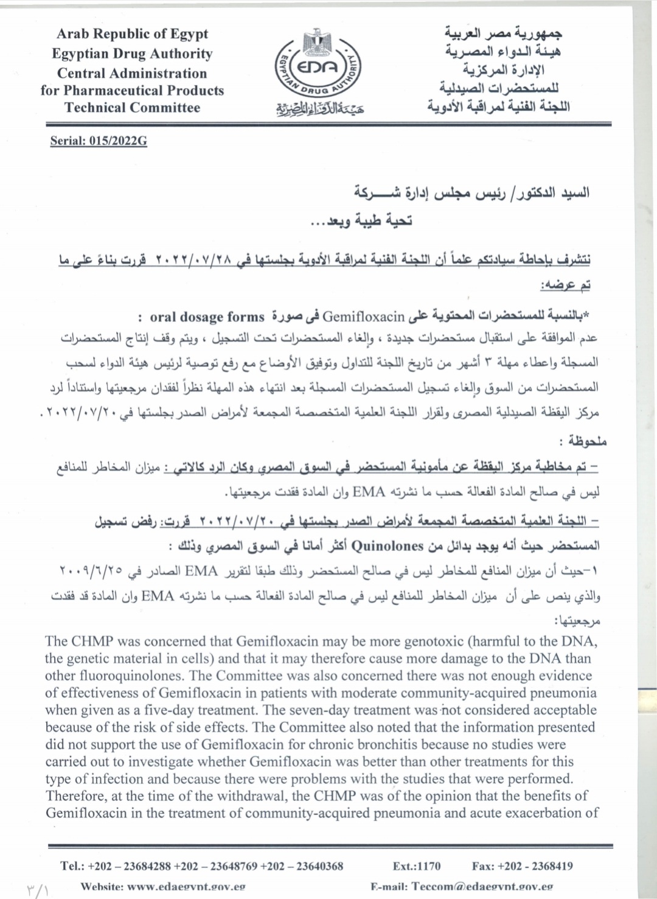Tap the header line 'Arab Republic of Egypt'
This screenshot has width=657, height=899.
click(x=132, y=34)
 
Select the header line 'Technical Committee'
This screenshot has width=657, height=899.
click(x=132, y=108)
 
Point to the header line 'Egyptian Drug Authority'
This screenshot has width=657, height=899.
click(x=132, y=54)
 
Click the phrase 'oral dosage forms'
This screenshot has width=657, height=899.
click(x=207, y=317)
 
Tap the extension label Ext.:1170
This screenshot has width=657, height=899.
click(x=417, y=866)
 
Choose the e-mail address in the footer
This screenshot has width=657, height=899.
click(x=482, y=887)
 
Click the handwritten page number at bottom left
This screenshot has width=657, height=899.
click(x=38, y=890)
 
